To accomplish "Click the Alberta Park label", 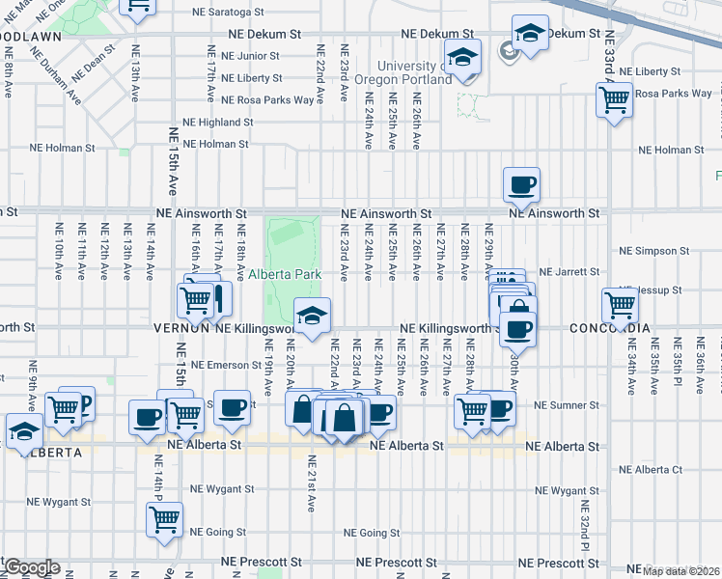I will [284, 274].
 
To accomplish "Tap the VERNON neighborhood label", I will [181, 328].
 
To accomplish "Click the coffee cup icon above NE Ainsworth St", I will [521, 184].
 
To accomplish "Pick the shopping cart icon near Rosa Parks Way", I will [614, 98].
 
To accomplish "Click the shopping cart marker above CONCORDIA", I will [619, 306].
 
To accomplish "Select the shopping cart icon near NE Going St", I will [165, 518].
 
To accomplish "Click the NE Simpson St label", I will [655, 251].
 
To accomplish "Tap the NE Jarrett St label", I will [569, 272].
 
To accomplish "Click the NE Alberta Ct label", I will [651, 470].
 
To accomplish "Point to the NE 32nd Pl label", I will [585, 521].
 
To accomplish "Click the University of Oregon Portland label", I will [398, 72].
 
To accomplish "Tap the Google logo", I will [31, 567].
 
